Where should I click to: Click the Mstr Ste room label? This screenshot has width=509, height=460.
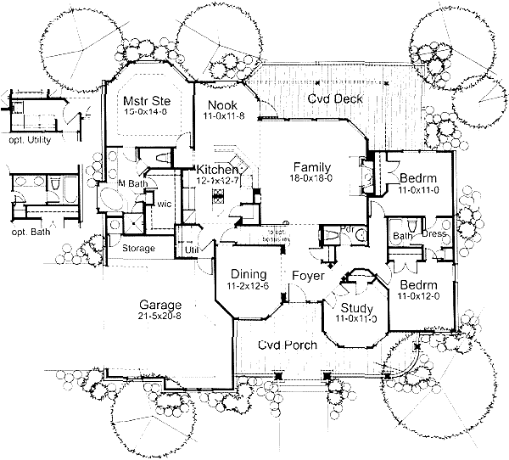click(x=142, y=96)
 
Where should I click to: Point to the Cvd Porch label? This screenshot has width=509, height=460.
click(x=288, y=345)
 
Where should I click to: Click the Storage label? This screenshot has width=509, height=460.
click(x=138, y=249)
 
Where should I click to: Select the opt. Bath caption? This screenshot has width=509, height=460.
click(x=24, y=232)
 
